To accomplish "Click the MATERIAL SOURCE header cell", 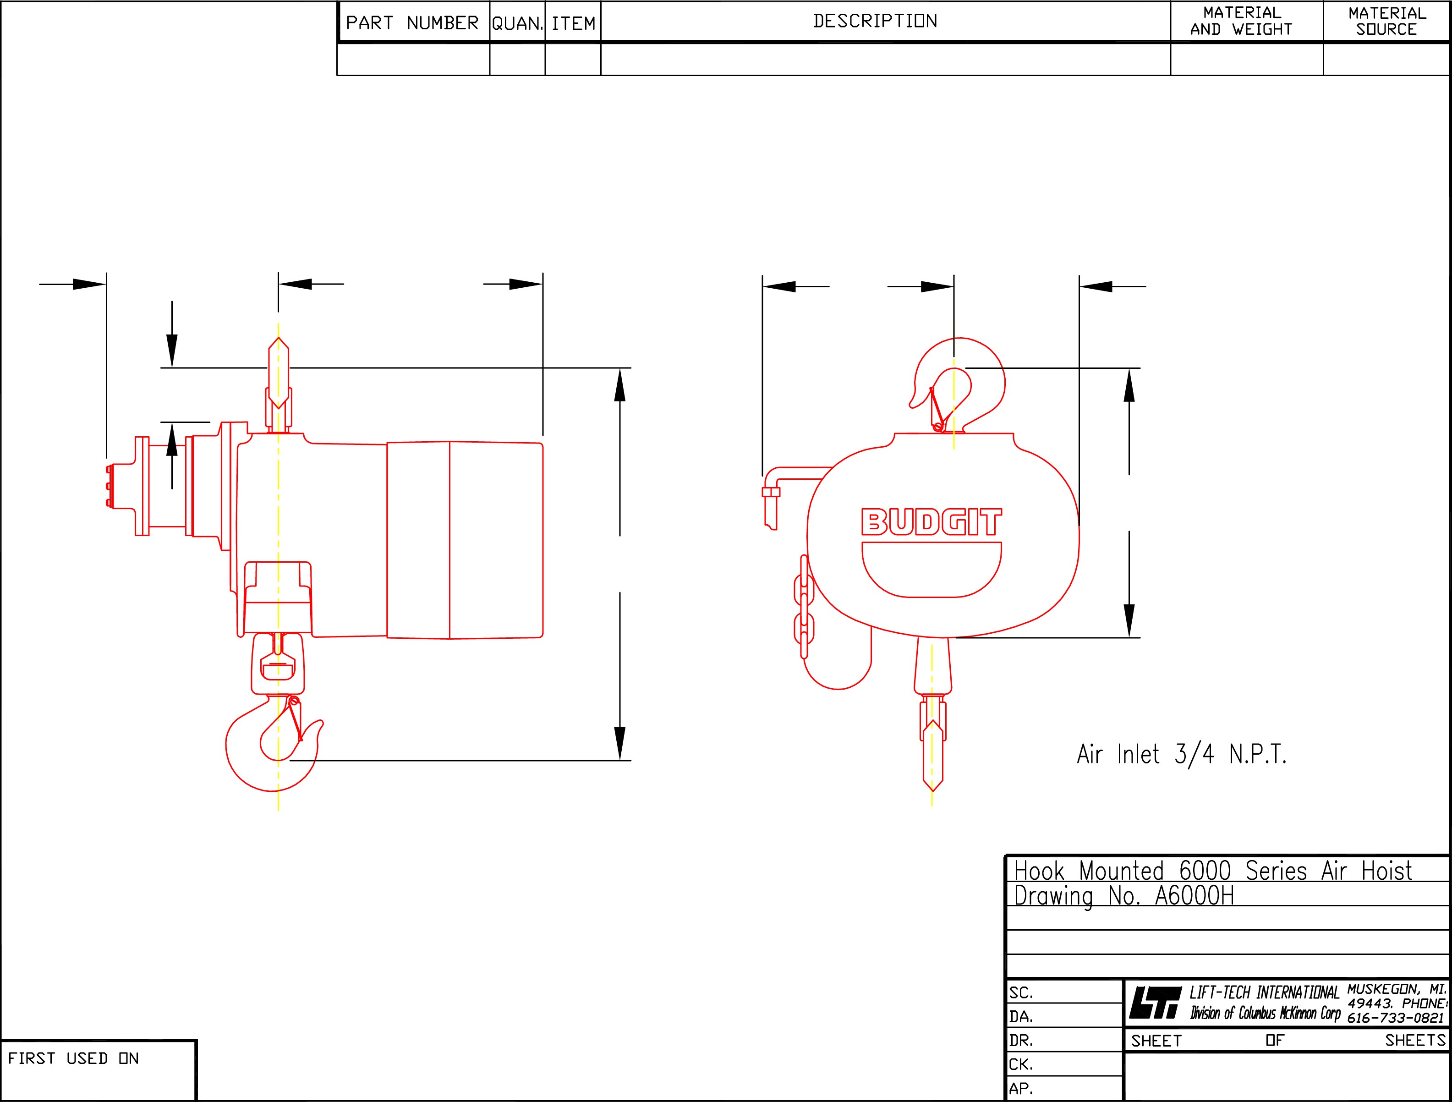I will tap(1386, 21).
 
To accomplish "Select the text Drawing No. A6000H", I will tap(1124, 896).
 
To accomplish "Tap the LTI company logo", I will tap(1154, 1003).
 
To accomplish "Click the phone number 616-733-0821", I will tap(1396, 1018).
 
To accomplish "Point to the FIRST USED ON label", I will tap(73, 1058).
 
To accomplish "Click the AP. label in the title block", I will tap(1021, 1088).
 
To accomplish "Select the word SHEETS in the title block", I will tap(1415, 1040).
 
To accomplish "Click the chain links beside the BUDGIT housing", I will tap(804, 607).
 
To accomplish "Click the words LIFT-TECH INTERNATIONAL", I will tap(1264, 993).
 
